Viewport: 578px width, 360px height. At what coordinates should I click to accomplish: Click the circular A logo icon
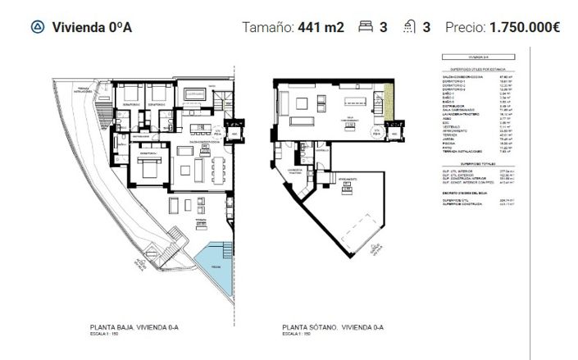point(36,27)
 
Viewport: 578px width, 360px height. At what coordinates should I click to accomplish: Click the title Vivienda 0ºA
point(92,27)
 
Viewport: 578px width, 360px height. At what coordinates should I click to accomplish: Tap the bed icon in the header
point(366,27)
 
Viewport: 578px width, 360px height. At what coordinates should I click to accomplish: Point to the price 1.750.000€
point(524,27)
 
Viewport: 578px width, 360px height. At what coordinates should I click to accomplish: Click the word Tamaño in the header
point(267,27)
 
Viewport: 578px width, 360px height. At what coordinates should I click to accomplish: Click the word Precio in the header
point(465,27)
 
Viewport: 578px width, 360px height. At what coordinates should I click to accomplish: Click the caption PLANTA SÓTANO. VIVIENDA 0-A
point(327,327)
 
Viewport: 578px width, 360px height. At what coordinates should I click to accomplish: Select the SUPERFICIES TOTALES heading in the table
point(476,163)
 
